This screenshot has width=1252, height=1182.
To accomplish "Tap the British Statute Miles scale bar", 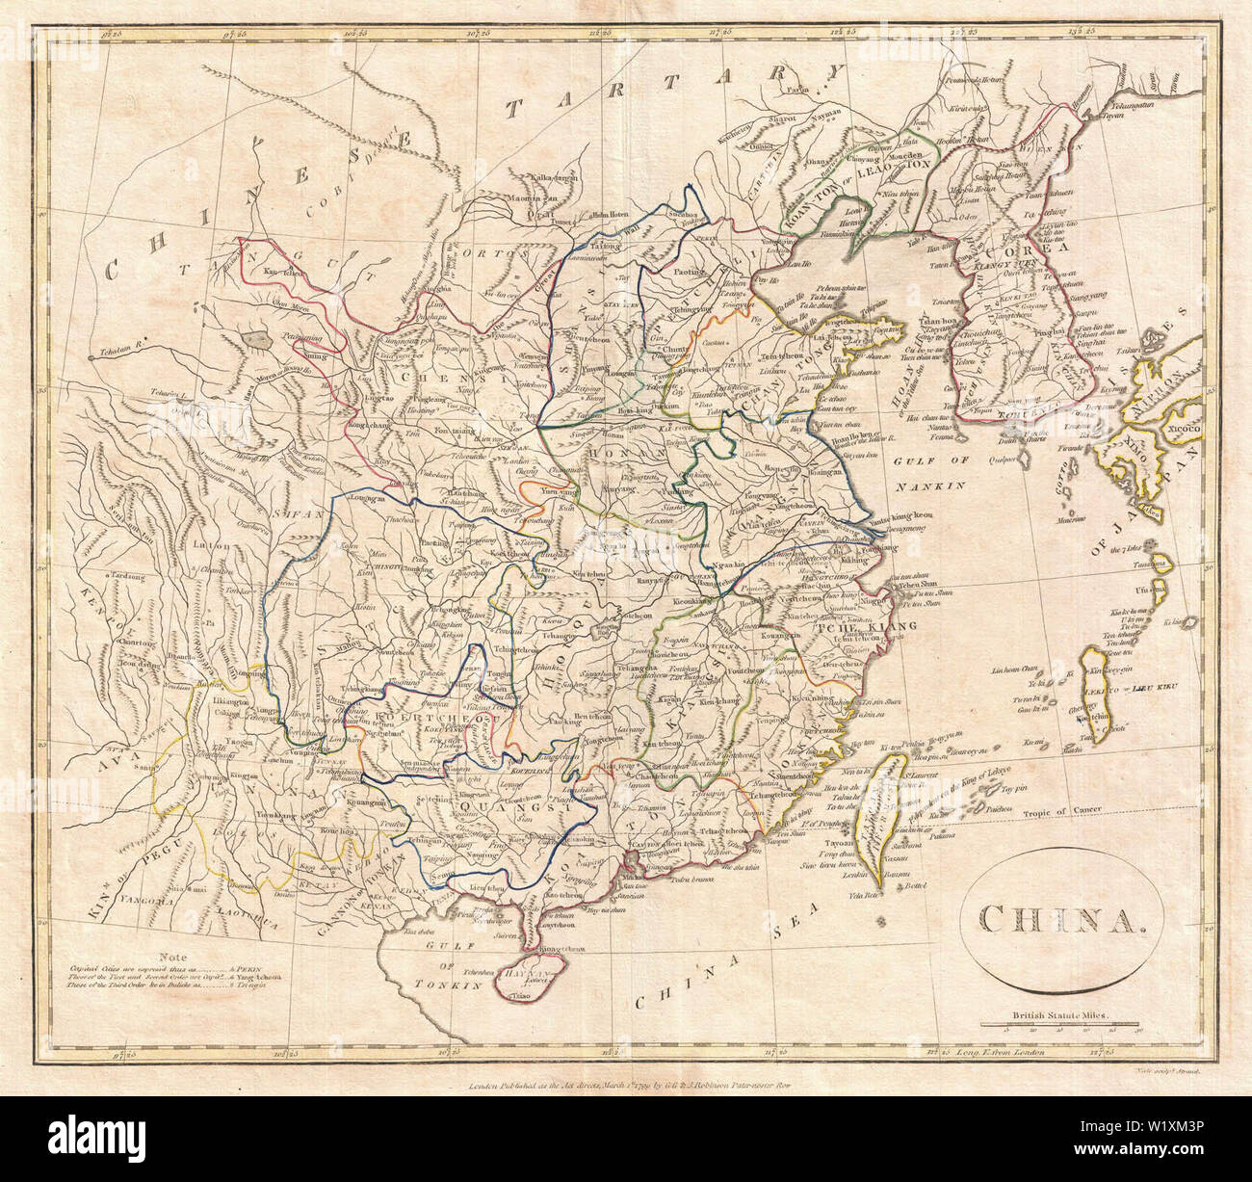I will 1058,1025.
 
